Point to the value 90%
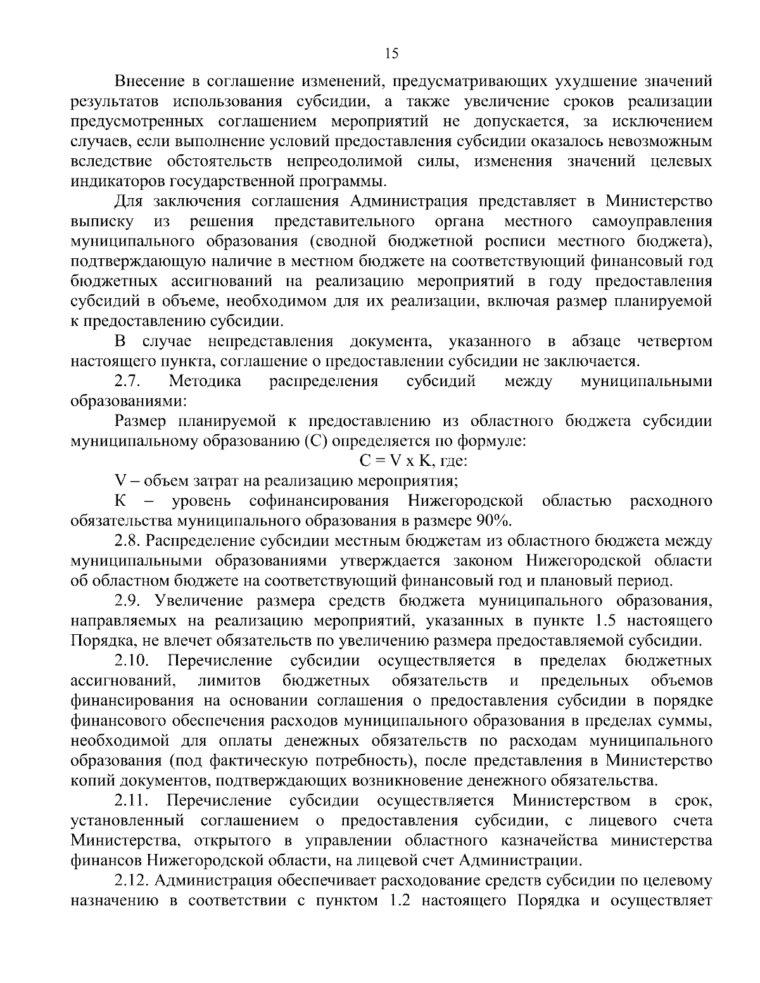[493, 521]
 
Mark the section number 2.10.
[132, 661]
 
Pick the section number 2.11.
[131, 801]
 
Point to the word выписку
[101, 222]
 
